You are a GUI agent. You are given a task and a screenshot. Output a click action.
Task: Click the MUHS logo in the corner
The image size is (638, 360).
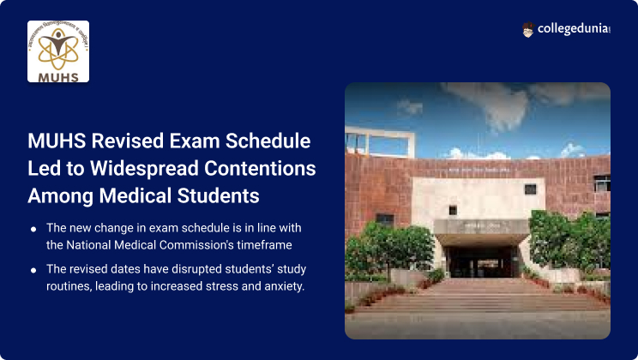[58, 51]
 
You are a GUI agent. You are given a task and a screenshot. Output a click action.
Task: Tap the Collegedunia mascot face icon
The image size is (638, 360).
[528, 30]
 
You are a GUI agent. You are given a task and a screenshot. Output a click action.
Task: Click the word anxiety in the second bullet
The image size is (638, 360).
[281, 285]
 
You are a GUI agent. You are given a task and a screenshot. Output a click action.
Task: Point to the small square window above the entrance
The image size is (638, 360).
[530, 189]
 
